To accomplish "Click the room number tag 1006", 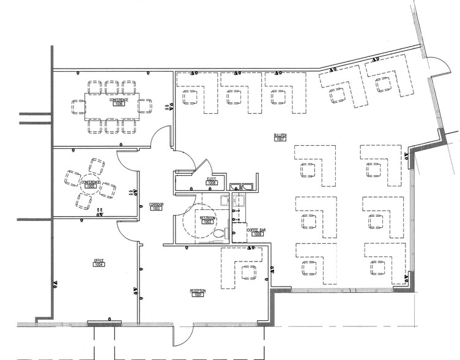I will [119, 105].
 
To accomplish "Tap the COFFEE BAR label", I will [256, 230].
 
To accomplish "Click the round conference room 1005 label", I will [92, 182].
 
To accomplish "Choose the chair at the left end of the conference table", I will [76, 106].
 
